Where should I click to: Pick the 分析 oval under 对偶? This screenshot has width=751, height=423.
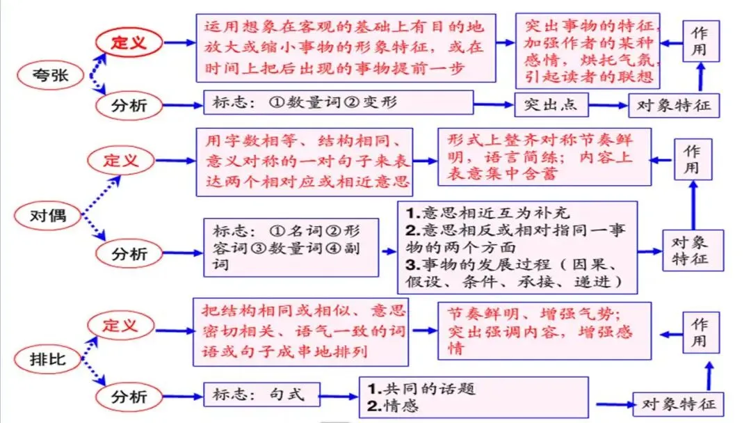pos(130,254)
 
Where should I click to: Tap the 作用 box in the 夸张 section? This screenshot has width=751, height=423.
pos(699,40)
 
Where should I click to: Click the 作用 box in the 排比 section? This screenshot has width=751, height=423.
pos(699,333)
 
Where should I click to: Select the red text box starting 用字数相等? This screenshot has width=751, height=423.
pos(304,161)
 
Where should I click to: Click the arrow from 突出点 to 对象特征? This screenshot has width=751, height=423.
pos(608,106)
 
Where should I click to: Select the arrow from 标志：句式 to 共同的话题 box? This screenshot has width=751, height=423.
pos(341,397)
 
